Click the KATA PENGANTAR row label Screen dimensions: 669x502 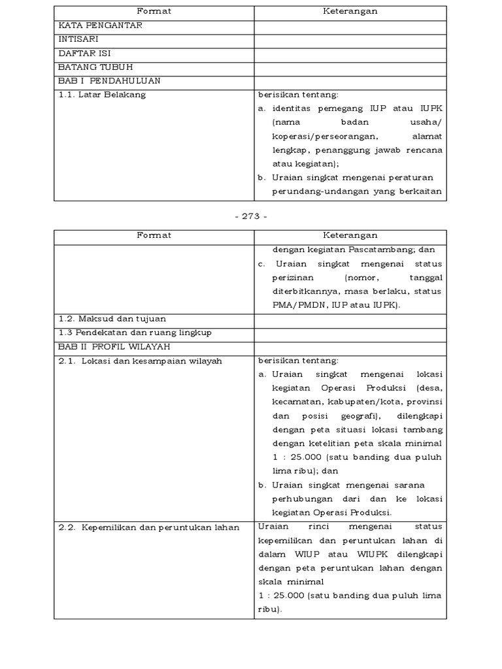[x=101, y=25]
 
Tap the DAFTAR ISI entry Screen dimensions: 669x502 [x=84, y=53]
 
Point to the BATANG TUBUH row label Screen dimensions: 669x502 [x=95, y=67]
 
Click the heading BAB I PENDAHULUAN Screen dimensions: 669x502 [x=110, y=80]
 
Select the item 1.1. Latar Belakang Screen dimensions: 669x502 [x=103, y=94]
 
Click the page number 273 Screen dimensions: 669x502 [x=250, y=217]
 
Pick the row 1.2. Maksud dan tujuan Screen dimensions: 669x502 [x=112, y=319]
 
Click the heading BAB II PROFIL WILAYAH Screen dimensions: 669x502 [x=117, y=346]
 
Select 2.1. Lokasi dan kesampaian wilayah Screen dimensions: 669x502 [x=140, y=361]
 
